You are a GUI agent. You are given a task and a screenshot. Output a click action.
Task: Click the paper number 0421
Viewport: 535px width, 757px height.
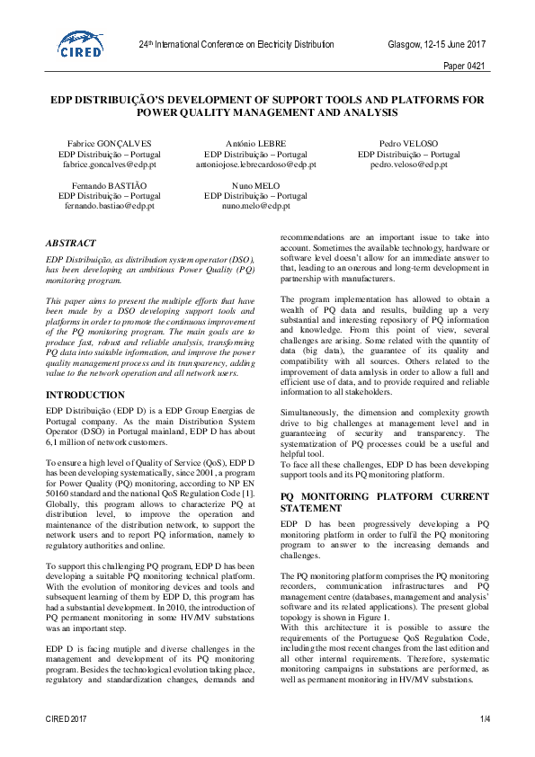(466, 66)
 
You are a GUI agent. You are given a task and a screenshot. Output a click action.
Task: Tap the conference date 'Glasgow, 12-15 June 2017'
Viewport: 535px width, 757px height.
(436, 44)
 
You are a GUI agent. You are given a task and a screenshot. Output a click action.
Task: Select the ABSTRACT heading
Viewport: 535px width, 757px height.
(72, 242)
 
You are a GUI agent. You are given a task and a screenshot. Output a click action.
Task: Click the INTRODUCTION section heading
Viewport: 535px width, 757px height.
(85, 395)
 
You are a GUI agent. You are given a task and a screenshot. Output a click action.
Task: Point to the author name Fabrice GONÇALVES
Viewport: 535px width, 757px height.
(110, 144)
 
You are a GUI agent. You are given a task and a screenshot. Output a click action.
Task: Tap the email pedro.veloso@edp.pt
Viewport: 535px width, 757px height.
(409, 165)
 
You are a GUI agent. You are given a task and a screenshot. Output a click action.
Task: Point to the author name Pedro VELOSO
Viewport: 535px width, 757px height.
(409, 144)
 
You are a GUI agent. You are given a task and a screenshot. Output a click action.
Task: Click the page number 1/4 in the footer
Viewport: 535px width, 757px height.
(486, 718)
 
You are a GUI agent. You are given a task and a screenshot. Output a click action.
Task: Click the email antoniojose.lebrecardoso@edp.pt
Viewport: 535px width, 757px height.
(256, 165)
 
